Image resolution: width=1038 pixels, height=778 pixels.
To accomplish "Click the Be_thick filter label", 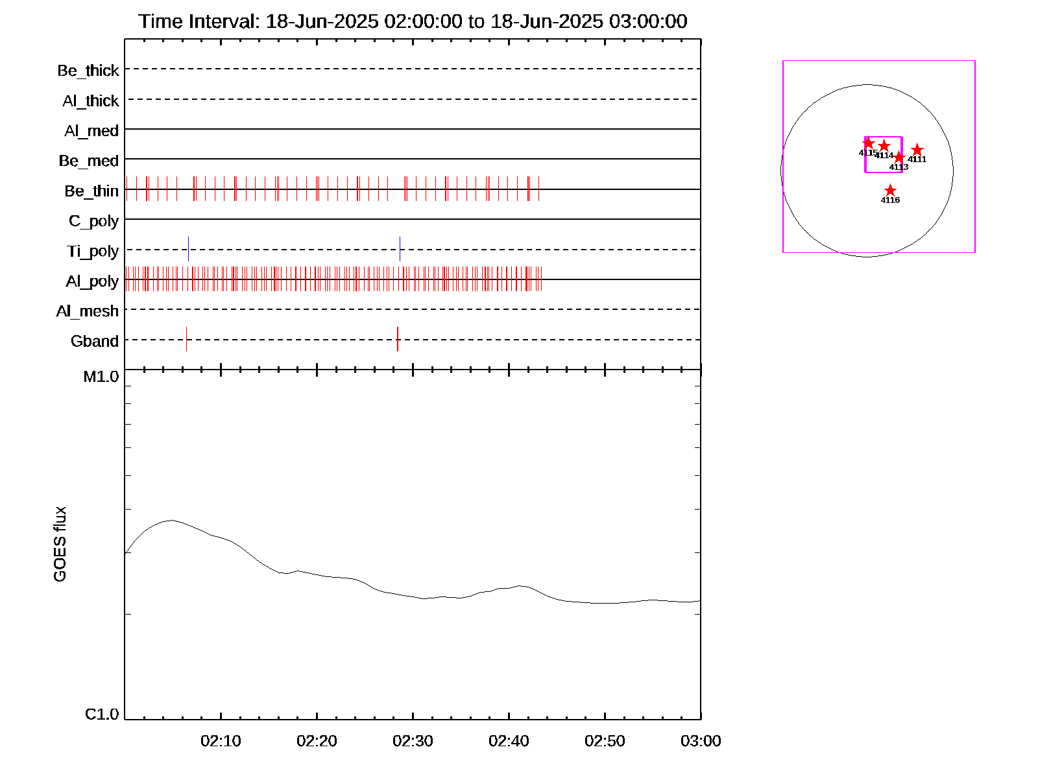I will pos(88,71).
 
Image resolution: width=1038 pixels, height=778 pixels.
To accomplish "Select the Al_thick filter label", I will pos(91,101).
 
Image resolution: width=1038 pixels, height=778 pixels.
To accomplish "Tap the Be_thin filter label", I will pos(91,191).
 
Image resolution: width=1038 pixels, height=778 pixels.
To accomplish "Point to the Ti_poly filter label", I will pos(93,251).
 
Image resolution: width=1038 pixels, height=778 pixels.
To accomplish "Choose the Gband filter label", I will pos(95,341).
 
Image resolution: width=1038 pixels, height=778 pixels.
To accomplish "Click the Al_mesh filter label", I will pos(88,311).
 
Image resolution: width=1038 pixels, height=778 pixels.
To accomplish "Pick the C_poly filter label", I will pos(94,221).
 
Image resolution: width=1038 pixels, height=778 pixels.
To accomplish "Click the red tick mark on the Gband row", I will pos(398,339).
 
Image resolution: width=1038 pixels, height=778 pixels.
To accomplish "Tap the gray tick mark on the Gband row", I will pos(186,339).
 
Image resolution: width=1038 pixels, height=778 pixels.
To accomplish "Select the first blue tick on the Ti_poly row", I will pos(188,249).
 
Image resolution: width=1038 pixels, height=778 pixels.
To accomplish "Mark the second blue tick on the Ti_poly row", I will pos(400,249).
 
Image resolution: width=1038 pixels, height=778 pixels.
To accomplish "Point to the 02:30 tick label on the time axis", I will pos(413,741).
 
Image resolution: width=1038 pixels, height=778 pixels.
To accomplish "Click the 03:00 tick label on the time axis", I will pos(701,741).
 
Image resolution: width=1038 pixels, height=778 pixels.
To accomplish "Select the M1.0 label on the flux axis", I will pos(101,377).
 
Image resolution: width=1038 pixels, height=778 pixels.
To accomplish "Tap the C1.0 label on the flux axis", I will pos(102,714).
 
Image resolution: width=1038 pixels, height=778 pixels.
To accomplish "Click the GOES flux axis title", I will pos(60,544).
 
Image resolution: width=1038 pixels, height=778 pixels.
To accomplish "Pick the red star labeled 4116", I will pos(890,191).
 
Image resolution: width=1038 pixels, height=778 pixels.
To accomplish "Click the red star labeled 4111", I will pos(917,150).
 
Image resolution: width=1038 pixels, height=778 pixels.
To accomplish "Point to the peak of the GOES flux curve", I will pos(171,520).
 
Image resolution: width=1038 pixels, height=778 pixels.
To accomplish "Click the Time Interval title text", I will pos(413,21).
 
